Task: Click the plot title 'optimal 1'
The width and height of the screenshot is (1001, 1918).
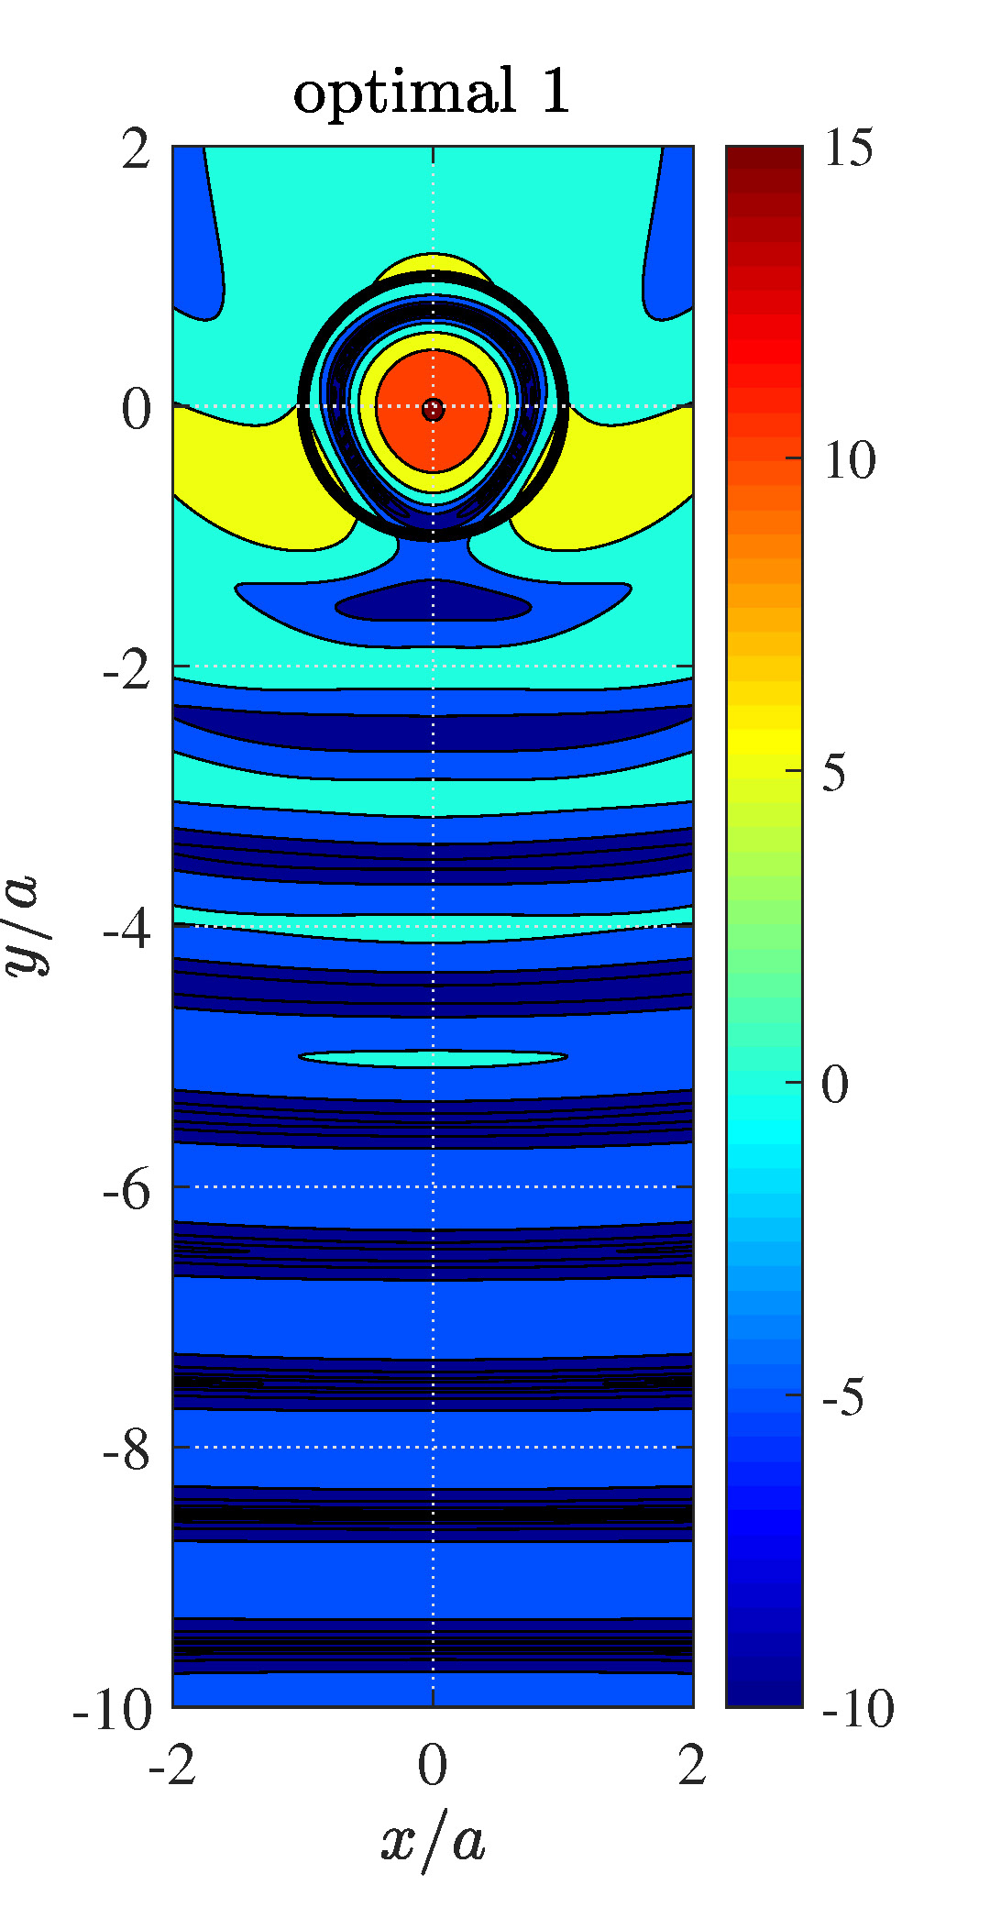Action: click(432, 93)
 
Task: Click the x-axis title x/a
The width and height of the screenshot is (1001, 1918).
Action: click(433, 1838)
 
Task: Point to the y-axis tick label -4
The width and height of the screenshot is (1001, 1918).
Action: click(126, 929)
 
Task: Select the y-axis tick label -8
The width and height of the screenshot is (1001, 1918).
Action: click(126, 1450)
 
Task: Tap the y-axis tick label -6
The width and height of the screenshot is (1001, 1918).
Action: click(126, 1189)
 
